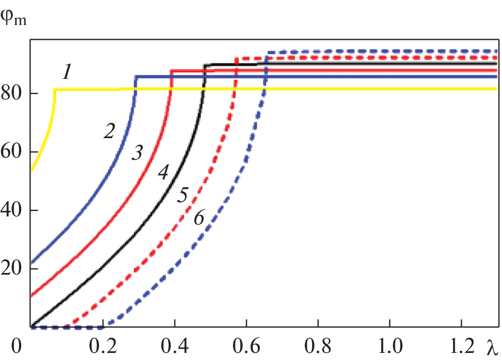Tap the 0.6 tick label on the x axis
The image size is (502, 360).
click(246, 346)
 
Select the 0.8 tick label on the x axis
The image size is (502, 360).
click(318, 346)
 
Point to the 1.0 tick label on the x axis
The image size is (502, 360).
click(389, 346)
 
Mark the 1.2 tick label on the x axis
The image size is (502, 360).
click(461, 346)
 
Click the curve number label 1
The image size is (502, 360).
click(66, 72)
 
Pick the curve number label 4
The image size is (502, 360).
click(163, 173)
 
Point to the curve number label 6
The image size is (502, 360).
click(199, 218)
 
